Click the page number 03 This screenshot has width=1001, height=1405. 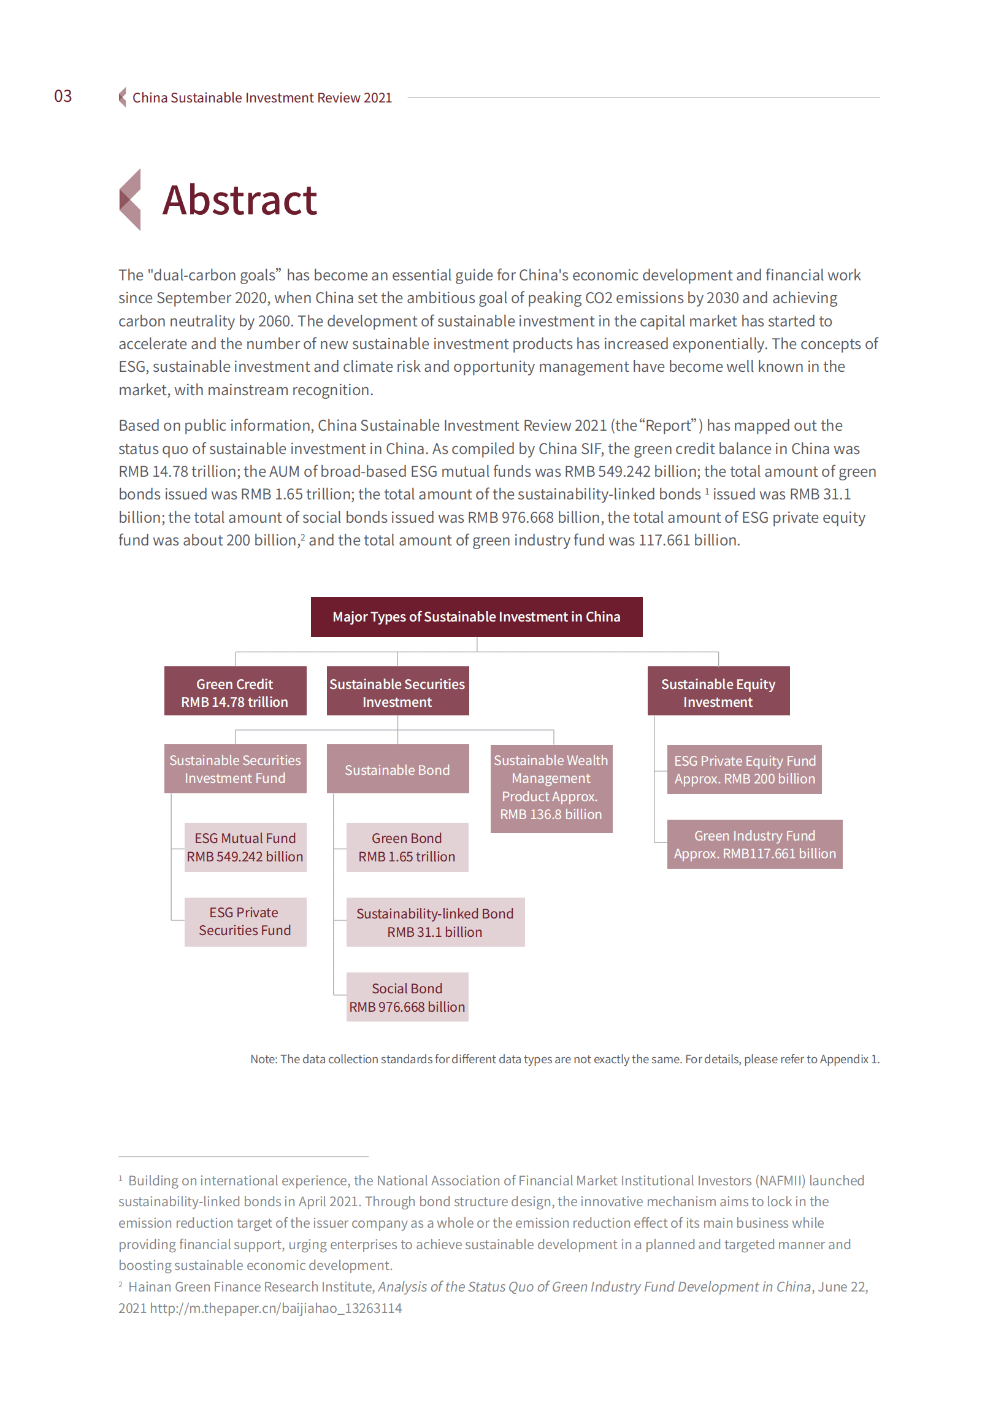tap(63, 96)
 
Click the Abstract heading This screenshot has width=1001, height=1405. tap(239, 201)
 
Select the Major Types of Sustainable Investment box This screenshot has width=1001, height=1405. tap(476, 617)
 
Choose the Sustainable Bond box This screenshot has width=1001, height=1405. tap(397, 769)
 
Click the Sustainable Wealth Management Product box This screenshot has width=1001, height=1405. tap(551, 788)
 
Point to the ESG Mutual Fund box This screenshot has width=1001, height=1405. tap(245, 847)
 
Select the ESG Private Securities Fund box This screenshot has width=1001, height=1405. tap(245, 922)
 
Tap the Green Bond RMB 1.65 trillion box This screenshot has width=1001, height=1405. tap(407, 847)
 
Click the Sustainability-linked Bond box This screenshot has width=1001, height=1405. tap(435, 922)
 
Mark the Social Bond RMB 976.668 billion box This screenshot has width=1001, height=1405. tap(407, 997)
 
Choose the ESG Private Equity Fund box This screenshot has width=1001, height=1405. tap(744, 769)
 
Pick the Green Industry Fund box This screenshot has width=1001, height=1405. tap(754, 844)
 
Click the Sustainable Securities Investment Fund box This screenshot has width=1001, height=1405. tap(235, 769)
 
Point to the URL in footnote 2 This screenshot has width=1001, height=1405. tap(275, 1307)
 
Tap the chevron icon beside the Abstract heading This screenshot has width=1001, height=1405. tap(130, 200)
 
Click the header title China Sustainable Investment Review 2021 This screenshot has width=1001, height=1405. tap(262, 98)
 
